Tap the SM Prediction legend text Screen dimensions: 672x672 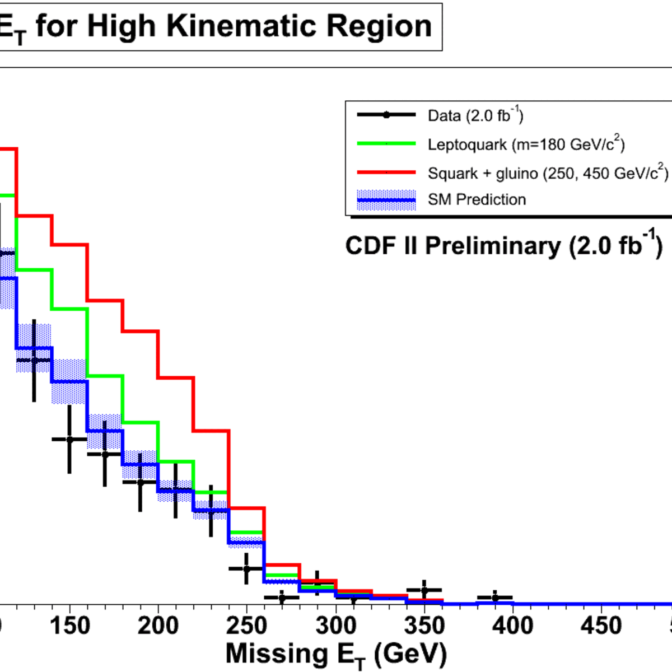click(477, 199)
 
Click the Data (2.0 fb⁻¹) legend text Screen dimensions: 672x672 click(475, 115)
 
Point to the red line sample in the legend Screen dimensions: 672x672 click(386, 172)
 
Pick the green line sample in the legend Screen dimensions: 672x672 click(386, 143)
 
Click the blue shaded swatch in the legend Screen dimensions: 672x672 click(386, 200)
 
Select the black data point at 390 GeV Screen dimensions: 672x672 click(495, 598)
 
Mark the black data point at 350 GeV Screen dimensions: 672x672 click(424, 590)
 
